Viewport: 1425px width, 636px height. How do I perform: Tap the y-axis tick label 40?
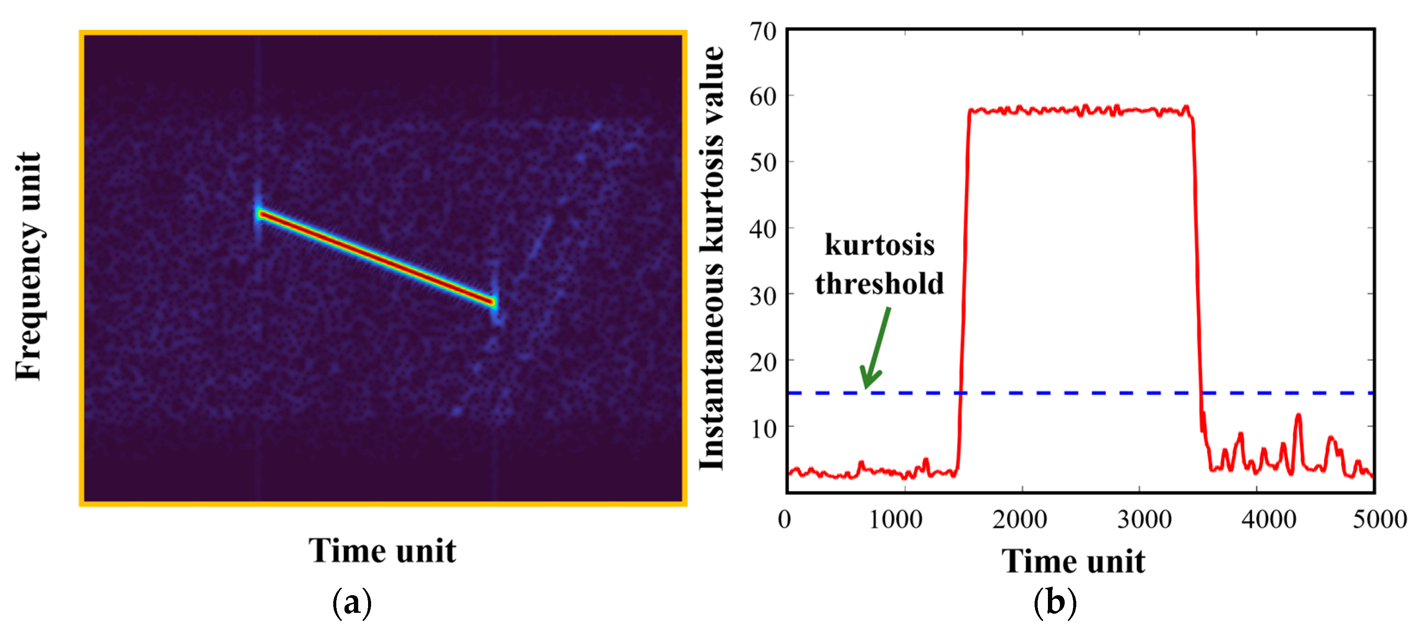(x=764, y=228)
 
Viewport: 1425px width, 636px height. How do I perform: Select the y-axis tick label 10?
(x=764, y=428)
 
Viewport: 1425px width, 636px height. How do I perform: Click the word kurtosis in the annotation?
(x=880, y=245)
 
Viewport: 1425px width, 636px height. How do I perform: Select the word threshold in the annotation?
(x=880, y=284)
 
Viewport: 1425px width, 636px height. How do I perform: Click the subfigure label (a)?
(x=352, y=603)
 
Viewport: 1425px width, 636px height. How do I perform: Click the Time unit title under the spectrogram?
(x=382, y=551)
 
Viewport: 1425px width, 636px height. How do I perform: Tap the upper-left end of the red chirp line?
(x=261, y=213)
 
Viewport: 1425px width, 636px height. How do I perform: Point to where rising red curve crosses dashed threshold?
(x=961, y=393)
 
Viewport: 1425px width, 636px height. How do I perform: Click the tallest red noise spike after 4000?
(x=1298, y=415)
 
